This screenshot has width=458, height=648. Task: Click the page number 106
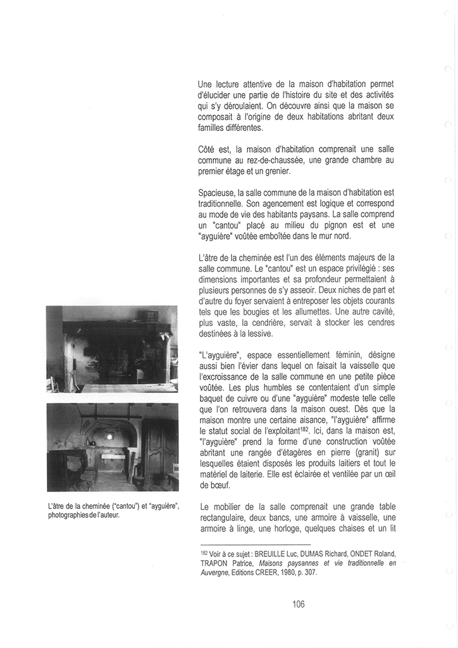[x=299, y=604]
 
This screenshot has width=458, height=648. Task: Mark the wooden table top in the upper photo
[x=120, y=387]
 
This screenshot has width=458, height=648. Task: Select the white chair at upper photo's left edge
[x=53, y=383]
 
